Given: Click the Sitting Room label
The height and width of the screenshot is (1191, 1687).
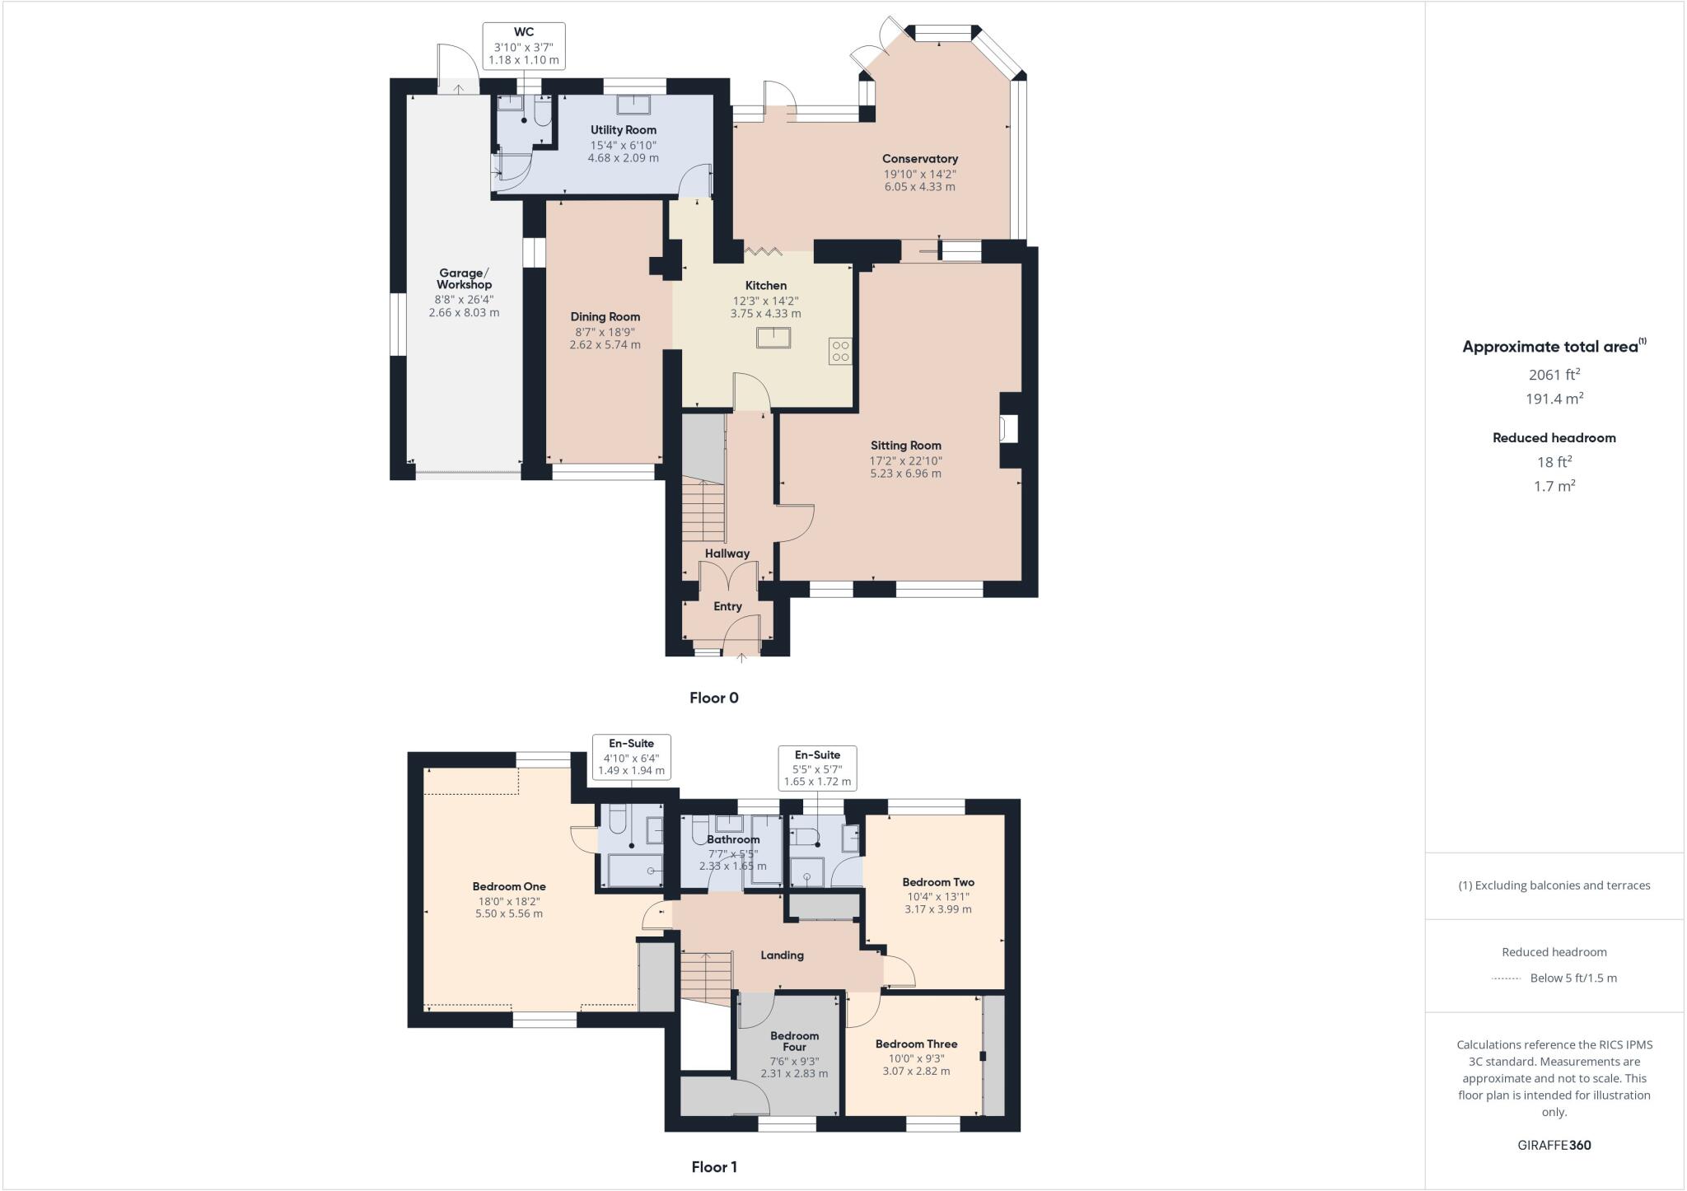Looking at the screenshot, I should (905, 446).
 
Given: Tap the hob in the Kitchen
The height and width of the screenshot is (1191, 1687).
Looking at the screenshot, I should (840, 352).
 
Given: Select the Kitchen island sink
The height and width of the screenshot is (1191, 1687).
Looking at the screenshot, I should (773, 338).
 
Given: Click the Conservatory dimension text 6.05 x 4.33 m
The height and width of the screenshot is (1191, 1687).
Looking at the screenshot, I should (919, 187).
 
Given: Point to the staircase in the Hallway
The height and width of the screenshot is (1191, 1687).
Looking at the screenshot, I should (703, 511).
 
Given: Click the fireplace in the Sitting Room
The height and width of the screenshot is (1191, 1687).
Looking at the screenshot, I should (1008, 429).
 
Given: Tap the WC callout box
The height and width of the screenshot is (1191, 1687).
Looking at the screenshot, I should (524, 46).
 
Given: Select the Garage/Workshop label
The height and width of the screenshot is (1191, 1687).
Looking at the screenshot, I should (464, 278).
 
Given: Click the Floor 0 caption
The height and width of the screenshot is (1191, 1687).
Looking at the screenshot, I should (713, 698).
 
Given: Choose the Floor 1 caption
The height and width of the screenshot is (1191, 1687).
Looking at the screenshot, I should (713, 1166).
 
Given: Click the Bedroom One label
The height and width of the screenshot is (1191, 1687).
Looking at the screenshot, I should (509, 886).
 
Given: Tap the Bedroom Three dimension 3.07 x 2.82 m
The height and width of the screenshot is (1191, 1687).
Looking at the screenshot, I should (916, 1072).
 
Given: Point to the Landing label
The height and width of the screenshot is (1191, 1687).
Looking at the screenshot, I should (782, 955).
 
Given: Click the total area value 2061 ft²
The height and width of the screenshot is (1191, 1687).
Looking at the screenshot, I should (1554, 375).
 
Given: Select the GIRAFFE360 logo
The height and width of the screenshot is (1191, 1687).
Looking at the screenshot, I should (1554, 1145).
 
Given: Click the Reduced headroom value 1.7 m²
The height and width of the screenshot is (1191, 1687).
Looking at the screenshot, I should (1554, 486).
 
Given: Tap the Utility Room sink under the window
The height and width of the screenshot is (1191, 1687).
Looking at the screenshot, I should (633, 105).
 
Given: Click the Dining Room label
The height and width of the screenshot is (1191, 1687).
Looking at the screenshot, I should (605, 317).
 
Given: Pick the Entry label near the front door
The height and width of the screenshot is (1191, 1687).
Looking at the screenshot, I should (727, 606).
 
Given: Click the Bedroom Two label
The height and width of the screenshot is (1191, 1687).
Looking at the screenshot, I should (938, 882).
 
